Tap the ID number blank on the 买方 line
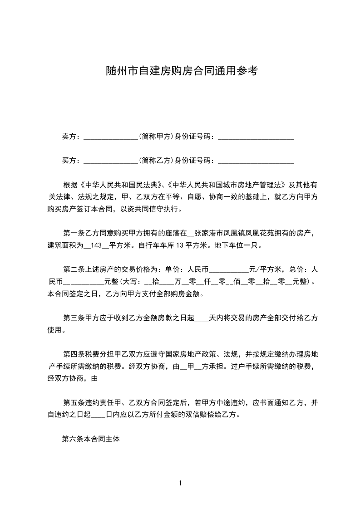click(x=256, y=161)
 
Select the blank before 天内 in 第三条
click(x=201, y=318)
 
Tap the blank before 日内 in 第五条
click(x=99, y=415)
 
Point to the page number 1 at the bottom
click(x=180, y=483)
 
